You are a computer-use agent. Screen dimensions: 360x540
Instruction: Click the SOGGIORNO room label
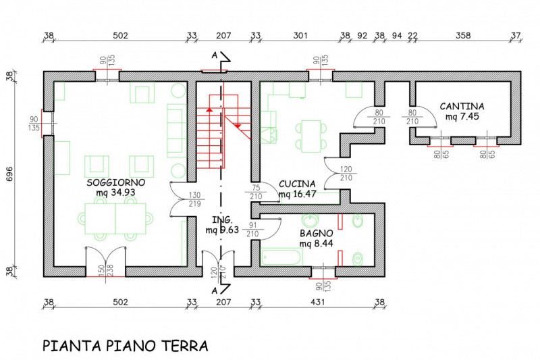coord(116,183)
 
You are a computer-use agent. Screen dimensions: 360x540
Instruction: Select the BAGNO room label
coord(315,233)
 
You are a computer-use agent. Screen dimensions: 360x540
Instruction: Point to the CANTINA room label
coord(462,107)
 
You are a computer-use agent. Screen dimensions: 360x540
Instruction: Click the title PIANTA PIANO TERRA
coord(126,346)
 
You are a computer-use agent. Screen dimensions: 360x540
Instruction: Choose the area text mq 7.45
coord(462,117)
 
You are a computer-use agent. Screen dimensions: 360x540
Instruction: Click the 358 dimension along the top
coord(462,36)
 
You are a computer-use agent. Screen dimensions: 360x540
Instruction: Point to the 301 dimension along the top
coord(300,36)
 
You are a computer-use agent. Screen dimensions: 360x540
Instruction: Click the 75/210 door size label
coord(256,192)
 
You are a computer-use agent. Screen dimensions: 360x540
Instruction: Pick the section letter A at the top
coord(215,54)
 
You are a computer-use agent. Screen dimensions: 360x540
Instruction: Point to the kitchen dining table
coord(311,136)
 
